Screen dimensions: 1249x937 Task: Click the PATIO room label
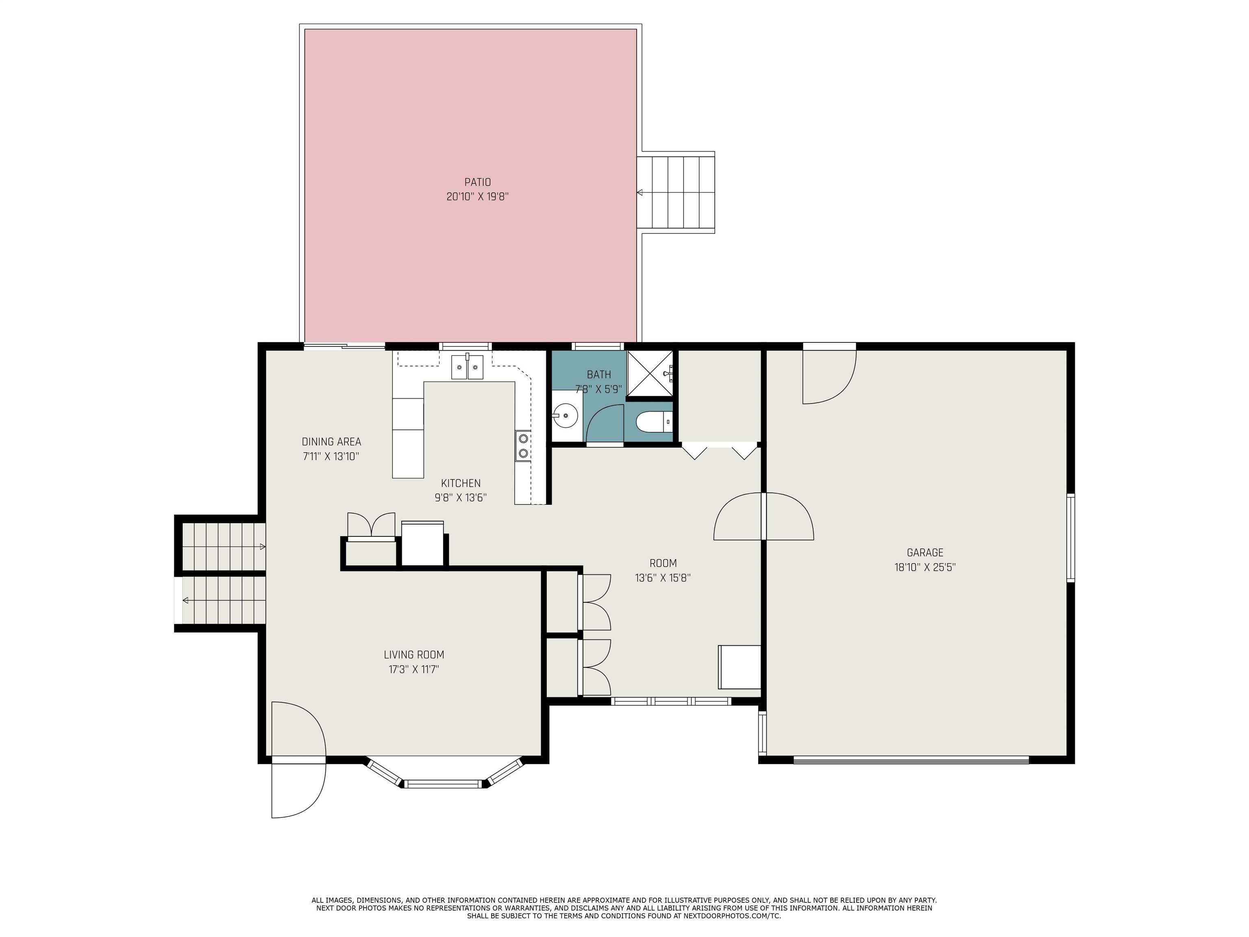click(x=477, y=183)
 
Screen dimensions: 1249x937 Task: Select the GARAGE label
click(x=925, y=553)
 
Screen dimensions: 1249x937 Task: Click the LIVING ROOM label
click(x=414, y=655)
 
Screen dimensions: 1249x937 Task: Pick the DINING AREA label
click(x=331, y=442)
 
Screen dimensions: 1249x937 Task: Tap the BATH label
click(x=598, y=375)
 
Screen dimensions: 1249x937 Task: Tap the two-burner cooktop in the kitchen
click(x=523, y=446)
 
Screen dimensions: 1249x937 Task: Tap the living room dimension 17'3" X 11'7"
click(x=414, y=670)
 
